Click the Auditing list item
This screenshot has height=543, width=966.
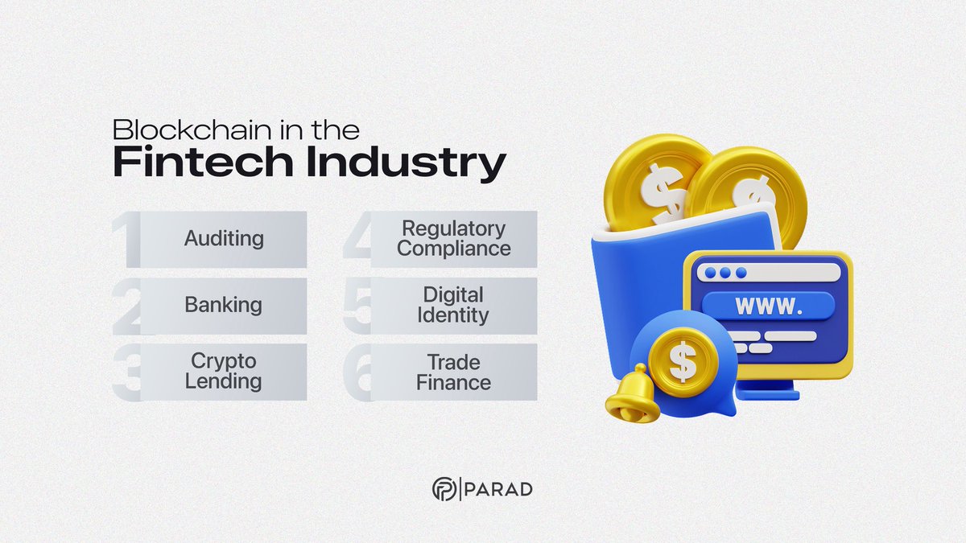pyautogui.click(x=224, y=239)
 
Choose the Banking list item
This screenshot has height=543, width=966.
pyautogui.click(x=224, y=306)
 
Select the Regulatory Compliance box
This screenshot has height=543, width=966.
pyautogui.click(x=453, y=239)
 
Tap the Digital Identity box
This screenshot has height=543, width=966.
pyautogui.click(x=453, y=306)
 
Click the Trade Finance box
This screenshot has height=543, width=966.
pyautogui.click(x=453, y=372)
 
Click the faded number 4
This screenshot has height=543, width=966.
pyautogui.click(x=357, y=240)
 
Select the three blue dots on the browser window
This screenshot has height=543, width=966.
pyautogui.click(x=723, y=273)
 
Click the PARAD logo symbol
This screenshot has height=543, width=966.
pyautogui.click(x=444, y=489)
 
